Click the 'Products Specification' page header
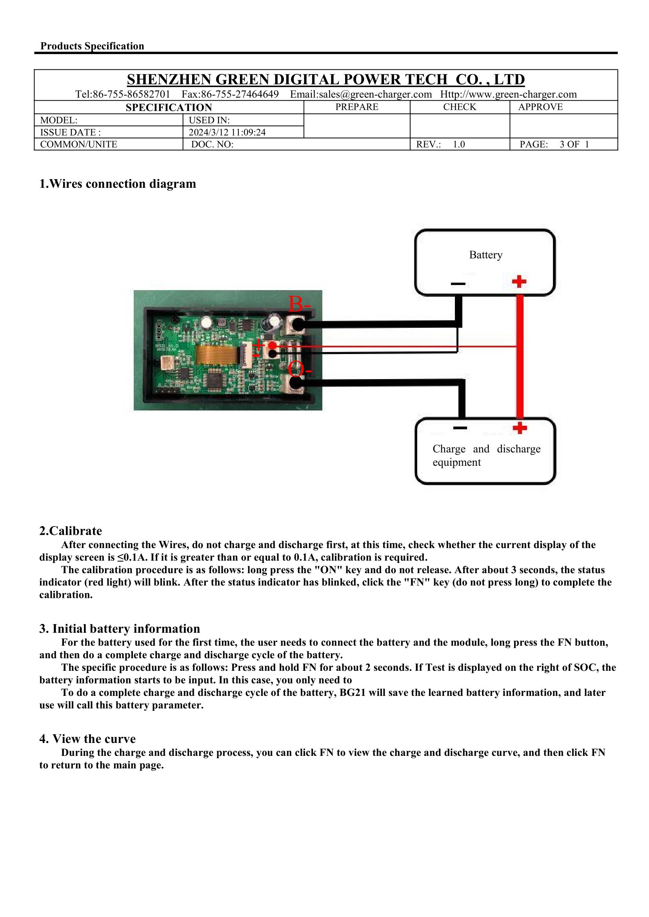[92, 46]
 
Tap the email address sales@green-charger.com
[361, 94]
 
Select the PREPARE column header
[356, 107]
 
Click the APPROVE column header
[540, 107]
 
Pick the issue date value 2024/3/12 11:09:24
[227, 132]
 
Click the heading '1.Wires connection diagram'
[118, 184]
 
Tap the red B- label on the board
[299, 305]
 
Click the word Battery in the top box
[485, 255]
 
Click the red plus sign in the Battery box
[519, 282]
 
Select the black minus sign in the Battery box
[458, 284]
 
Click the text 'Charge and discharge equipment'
[486, 456]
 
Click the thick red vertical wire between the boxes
[520, 360]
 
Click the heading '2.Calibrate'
[70, 531]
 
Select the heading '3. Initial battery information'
[120, 629]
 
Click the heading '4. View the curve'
[87, 739]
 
